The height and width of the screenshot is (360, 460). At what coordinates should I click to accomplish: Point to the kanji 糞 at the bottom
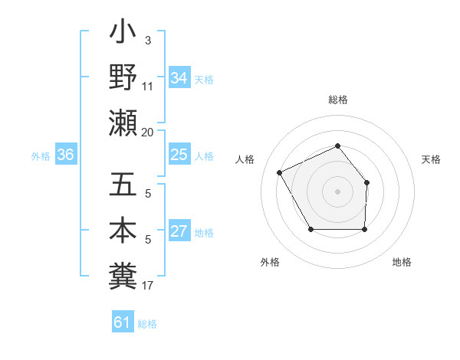click(x=123, y=273)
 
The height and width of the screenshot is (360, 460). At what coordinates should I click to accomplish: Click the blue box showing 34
click(x=179, y=78)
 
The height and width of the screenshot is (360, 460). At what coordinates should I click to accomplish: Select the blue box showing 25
click(x=179, y=155)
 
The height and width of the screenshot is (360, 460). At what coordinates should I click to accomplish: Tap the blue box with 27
click(x=179, y=232)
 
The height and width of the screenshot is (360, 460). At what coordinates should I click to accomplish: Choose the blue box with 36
click(x=65, y=155)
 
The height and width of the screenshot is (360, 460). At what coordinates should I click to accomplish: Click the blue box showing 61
click(x=123, y=322)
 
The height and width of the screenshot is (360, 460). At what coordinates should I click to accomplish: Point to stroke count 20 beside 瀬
click(x=148, y=133)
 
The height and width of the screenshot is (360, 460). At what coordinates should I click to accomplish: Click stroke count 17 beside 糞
click(x=148, y=286)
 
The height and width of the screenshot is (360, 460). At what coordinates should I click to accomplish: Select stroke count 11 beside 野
click(x=148, y=87)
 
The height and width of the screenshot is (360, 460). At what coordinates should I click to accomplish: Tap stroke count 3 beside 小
click(x=148, y=40)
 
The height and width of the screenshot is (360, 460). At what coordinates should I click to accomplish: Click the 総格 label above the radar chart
click(x=337, y=100)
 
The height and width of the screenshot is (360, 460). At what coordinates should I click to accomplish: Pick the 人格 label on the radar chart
click(x=245, y=159)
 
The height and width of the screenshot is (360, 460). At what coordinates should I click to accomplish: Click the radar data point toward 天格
click(x=366, y=182)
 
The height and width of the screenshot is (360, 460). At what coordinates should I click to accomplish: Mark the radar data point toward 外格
click(x=310, y=229)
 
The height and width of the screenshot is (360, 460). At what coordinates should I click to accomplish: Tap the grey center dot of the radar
click(x=337, y=191)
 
